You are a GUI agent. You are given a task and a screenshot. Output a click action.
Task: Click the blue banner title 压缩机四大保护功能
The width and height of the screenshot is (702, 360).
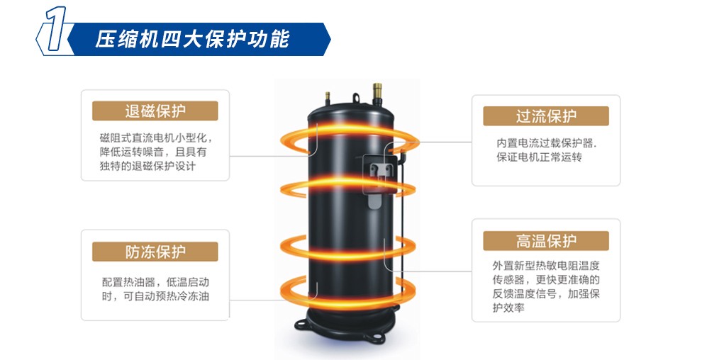point(192,40)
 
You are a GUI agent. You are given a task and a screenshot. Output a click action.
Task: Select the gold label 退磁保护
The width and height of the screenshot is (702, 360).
point(155,111)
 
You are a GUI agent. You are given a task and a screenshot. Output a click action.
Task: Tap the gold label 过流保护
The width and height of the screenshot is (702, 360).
point(546,116)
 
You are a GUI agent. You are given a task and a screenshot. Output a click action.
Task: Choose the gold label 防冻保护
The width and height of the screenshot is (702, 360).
point(155,252)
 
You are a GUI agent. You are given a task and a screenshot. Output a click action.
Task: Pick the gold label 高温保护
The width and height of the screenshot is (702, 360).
point(546,241)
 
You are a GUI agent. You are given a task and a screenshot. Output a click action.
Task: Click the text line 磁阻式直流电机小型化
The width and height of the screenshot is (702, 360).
point(156,137)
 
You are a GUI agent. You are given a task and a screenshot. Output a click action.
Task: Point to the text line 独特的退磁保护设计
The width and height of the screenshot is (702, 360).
point(147,166)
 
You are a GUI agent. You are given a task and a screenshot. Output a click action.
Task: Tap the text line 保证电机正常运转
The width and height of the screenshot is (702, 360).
point(539,157)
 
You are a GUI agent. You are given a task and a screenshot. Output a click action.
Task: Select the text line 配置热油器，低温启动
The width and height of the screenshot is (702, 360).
point(155,282)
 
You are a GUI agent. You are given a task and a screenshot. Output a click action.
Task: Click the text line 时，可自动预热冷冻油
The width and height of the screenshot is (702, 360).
point(155,296)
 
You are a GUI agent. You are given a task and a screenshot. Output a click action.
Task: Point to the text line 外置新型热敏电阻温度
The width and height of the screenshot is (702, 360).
point(546,266)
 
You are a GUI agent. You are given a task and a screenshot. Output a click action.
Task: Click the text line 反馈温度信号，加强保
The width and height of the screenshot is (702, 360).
point(546,294)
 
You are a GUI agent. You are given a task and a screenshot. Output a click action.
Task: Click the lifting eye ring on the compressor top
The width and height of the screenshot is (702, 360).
point(356,98)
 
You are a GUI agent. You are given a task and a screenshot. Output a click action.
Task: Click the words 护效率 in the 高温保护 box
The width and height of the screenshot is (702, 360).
point(508,308)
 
